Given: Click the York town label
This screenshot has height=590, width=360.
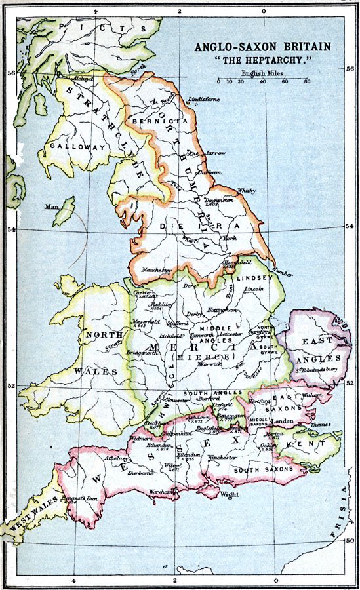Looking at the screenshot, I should click(230, 239).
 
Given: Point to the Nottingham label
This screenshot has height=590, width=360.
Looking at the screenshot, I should click(221, 309).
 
